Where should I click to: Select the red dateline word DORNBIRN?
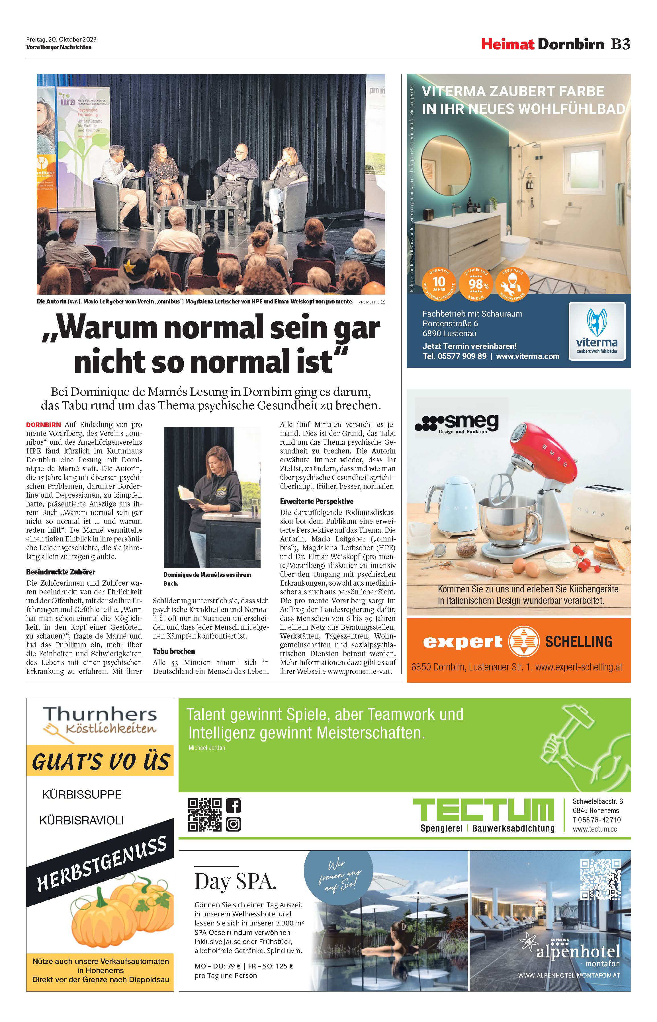44,425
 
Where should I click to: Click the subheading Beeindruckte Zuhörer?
61,572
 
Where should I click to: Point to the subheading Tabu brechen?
174,651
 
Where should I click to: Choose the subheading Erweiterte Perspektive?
317,501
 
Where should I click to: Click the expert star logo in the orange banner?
523,641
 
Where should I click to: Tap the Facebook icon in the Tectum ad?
233,805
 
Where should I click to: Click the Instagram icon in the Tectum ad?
233,824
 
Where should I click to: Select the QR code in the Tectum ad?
205,815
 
